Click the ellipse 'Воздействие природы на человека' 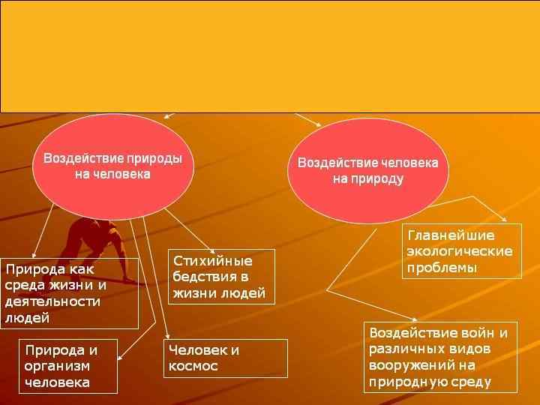112,166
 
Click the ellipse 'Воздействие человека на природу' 367,171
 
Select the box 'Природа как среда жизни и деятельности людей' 70,293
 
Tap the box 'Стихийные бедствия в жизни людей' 220,277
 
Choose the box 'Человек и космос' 225,358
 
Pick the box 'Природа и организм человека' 68,366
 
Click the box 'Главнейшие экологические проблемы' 461,251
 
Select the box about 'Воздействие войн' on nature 441,357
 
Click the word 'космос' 193,367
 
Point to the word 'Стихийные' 213,261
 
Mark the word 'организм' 57,366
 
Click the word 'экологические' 460,251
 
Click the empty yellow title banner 270,56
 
